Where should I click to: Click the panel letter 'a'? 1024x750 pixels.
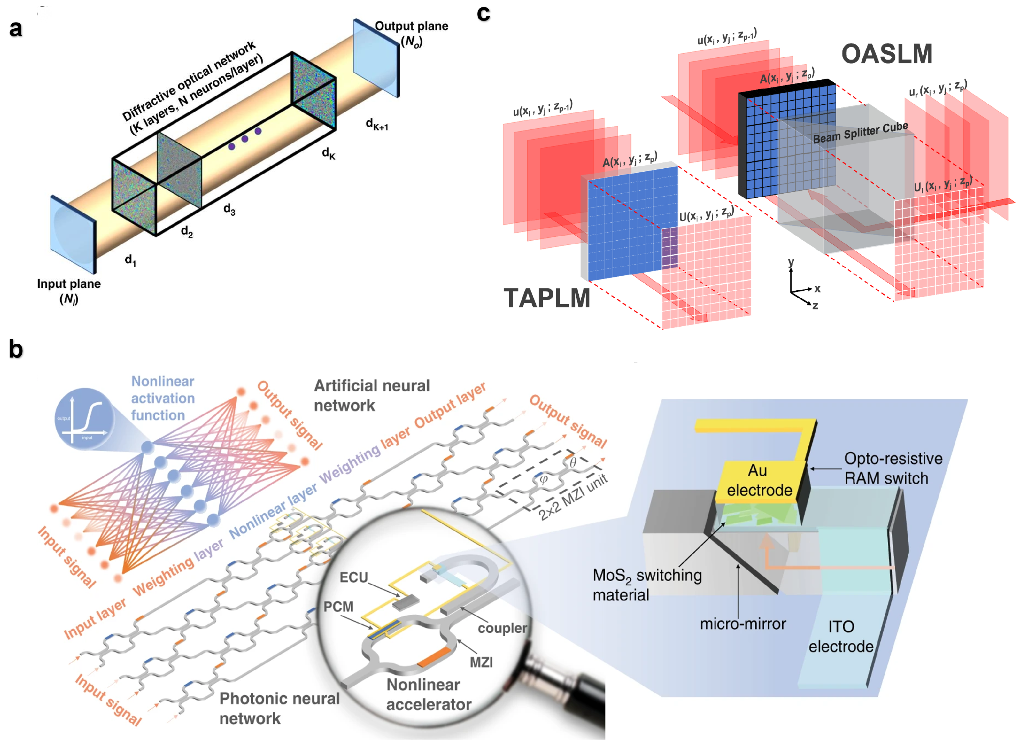[x=16, y=29]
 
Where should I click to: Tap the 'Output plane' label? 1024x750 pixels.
[x=411, y=26]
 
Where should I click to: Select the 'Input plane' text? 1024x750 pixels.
[x=69, y=284]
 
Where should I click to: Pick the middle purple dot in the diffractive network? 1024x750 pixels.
[x=245, y=139]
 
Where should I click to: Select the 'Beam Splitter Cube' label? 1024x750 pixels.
[x=860, y=132]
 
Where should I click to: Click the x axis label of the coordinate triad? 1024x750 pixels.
[x=817, y=289]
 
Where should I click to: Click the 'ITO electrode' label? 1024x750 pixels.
[x=841, y=636]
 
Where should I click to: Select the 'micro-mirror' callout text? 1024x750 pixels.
[x=743, y=624]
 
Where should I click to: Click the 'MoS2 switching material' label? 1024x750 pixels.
[x=646, y=585]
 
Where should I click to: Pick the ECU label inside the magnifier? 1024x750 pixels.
[x=353, y=578]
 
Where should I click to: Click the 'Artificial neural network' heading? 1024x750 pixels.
[x=371, y=395]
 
